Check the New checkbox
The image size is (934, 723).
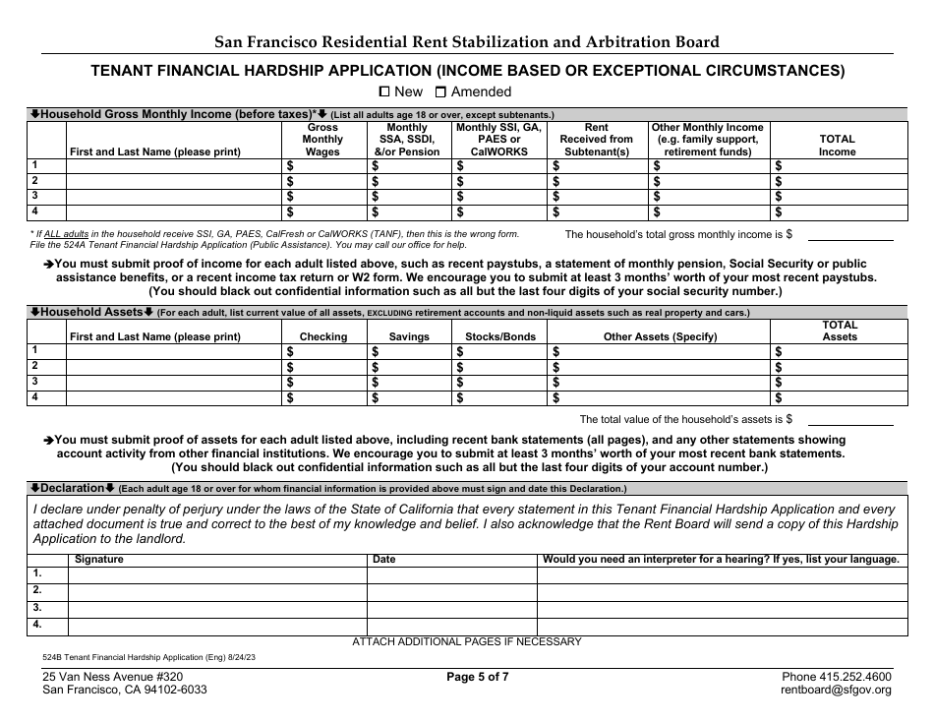384,91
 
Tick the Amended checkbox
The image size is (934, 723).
440,91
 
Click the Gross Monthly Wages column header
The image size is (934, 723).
322,140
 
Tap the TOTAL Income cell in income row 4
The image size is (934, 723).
840,211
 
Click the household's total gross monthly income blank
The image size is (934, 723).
850,234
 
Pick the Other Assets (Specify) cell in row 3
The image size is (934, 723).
658,383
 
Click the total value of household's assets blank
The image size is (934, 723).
850,419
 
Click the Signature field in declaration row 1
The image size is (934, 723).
216,573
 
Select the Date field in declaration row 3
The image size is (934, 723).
451,608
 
